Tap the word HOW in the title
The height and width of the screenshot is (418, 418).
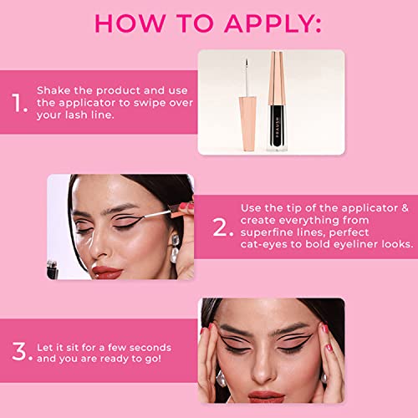[130, 23]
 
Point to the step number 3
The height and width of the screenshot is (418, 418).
[19, 351]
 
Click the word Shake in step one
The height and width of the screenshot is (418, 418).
[54, 90]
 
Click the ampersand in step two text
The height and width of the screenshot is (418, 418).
[405, 208]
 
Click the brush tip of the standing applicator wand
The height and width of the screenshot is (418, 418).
[247, 64]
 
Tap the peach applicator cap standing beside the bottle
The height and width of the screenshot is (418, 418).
[247, 124]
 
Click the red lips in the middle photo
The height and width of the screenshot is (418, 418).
[107, 272]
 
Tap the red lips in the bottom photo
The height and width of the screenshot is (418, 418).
[266, 396]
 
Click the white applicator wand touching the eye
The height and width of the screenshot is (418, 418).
[156, 215]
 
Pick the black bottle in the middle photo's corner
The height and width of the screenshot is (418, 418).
[53, 270]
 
